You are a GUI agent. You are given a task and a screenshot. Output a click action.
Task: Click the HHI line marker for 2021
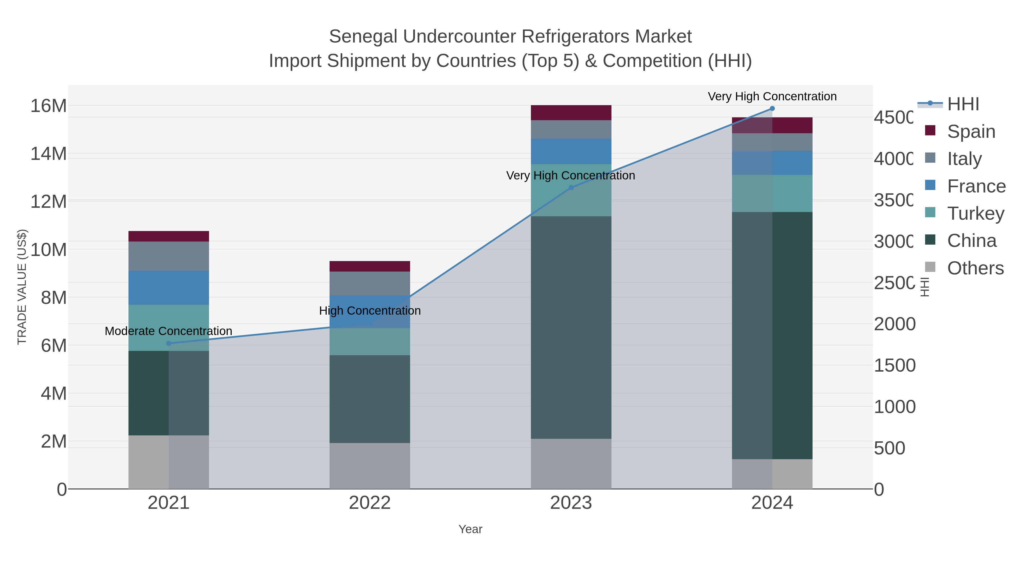click(x=168, y=344)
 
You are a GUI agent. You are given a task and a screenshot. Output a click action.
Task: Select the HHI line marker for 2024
click(x=772, y=109)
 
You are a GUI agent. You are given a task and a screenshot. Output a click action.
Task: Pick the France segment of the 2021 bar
click(x=168, y=288)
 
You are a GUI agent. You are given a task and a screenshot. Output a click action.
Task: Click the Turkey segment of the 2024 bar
click(x=772, y=193)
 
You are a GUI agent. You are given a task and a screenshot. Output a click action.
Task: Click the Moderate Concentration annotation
click(x=168, y=331)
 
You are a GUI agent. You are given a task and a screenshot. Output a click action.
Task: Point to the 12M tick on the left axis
click(x=48, y=202)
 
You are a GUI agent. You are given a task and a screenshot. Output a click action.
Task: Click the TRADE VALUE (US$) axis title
click(x=22, y=287)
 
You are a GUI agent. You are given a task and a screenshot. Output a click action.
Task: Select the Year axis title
click(x=471, y=529)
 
